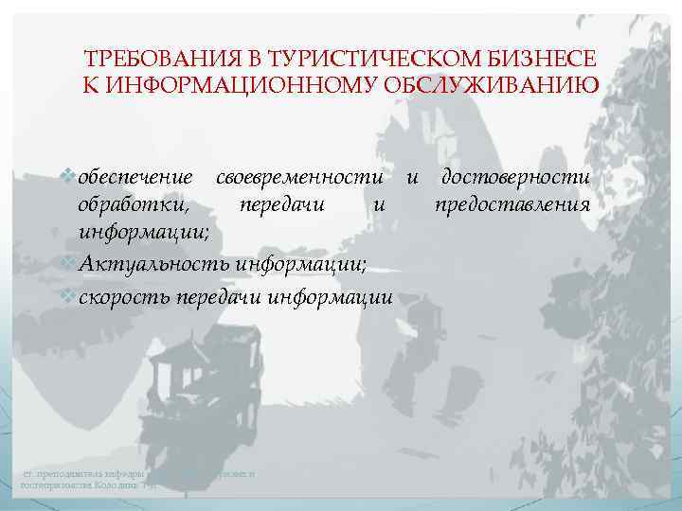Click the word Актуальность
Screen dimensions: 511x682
(156, 264)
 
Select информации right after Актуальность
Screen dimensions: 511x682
(303, 264)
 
